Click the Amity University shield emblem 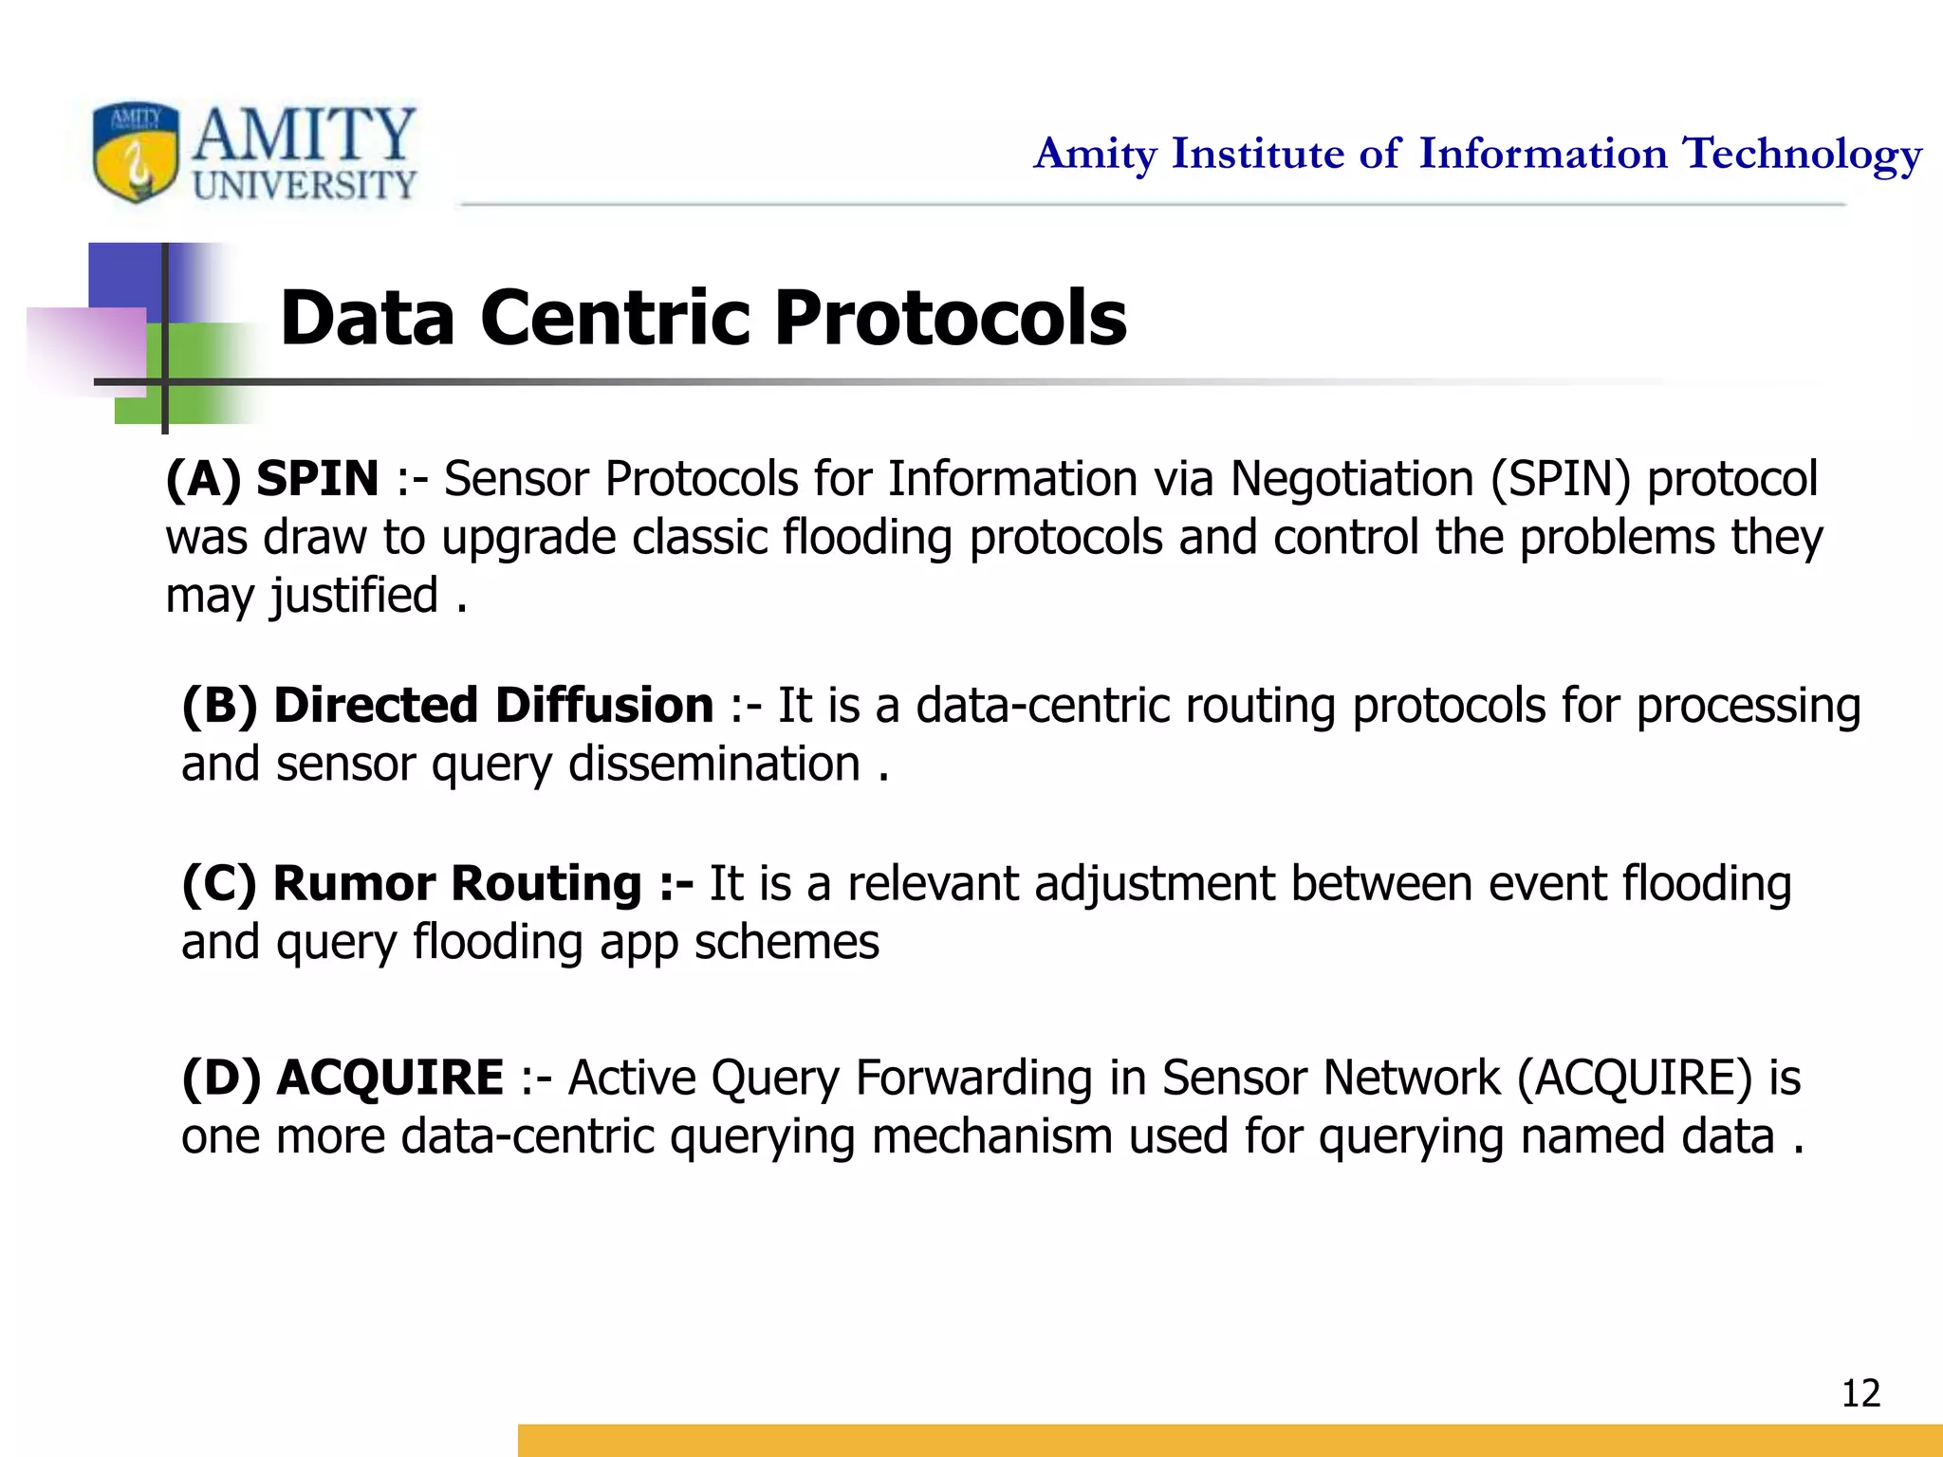136,152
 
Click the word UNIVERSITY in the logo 305,185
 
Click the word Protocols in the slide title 950,318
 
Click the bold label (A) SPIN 271,478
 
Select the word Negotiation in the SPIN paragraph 1351,478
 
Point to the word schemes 786,943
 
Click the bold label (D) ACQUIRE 342,1078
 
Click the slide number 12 1860,1393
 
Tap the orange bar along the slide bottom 1229,1440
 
